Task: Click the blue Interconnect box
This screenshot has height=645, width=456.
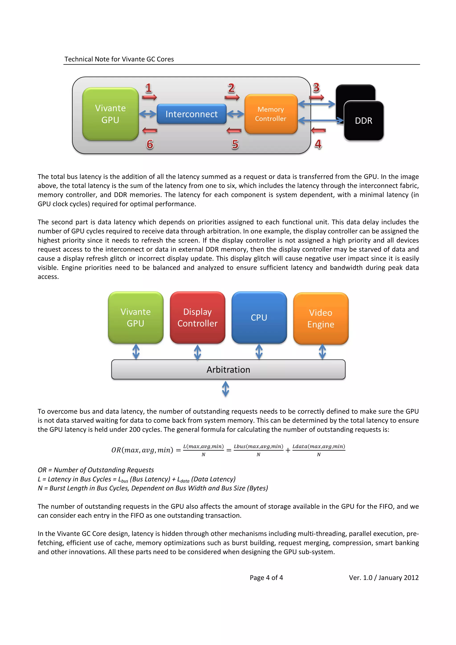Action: coord(191,114)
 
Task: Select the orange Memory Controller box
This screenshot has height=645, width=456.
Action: coord(271,114)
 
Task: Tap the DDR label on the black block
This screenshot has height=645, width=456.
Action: coord(363,121)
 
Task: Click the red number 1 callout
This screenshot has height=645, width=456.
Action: coord(148,88)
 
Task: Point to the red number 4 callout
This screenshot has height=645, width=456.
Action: coord(318,144)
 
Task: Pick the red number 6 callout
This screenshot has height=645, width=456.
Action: coord(150,144)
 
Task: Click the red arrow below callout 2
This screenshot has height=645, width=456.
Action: coord(232,97)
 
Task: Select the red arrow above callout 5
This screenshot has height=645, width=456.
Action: coord(234,131)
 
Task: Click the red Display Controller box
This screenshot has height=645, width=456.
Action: coord(197,317)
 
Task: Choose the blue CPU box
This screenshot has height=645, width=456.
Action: coord(259,317)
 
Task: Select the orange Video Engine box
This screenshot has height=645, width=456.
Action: coord(321,318)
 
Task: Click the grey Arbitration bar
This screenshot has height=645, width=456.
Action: coord(228,369)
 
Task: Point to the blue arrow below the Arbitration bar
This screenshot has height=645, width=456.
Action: coord(225,389)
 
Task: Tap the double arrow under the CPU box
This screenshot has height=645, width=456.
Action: coord(259,352)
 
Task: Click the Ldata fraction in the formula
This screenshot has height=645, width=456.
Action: coord(319,450)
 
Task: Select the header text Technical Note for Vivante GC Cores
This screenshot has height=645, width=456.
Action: coord(119,59)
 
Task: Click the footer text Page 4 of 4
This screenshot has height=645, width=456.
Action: coord(266,578)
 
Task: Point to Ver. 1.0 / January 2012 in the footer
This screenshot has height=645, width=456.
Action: coord(383,578)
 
